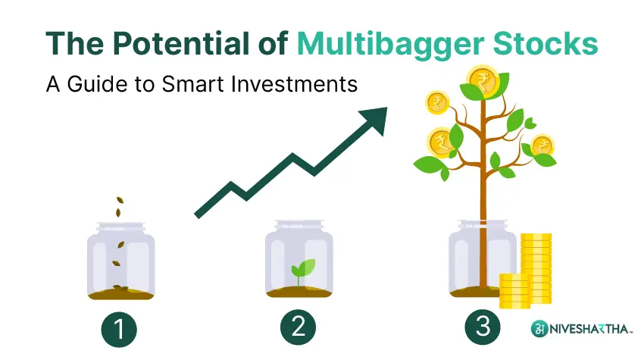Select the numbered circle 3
pyautogui.click(x=482, y=328)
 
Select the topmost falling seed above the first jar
pyautogui.click(x=119, y=202)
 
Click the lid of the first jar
pyautogui.click(x=121, y=227)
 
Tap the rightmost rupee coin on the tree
pyautogui.click(x=542, y=146)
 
